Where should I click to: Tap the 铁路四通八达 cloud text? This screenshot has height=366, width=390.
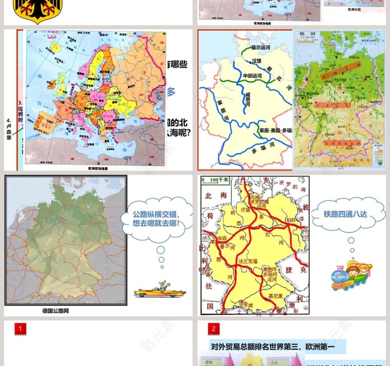point(345,214)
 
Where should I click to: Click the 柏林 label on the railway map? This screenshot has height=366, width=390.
point(291,220)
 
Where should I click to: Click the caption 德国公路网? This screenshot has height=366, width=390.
point(55,311)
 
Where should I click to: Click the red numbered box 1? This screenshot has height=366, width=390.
point(20,329)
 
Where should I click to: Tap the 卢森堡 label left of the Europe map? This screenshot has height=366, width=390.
point(8,131)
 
